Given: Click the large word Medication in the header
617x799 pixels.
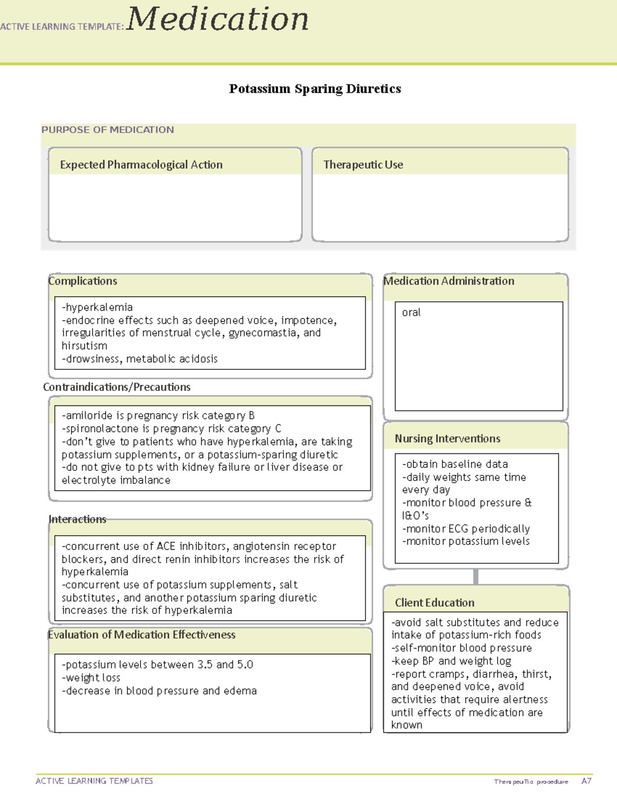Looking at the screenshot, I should (217, 20).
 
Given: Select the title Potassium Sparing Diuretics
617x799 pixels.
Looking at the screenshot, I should (315, 89).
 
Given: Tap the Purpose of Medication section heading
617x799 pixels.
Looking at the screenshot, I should (107, 130).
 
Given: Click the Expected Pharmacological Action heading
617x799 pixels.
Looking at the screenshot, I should (141, 165).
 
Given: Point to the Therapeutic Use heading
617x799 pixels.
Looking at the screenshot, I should (363, 165).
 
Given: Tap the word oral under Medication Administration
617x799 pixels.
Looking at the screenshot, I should (411, 312).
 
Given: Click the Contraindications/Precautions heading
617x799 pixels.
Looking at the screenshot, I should (117, 387).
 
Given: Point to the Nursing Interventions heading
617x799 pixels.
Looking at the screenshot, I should (447, 438).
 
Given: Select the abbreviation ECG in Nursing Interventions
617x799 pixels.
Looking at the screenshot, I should (458, 529).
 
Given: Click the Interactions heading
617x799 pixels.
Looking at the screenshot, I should (77, 519).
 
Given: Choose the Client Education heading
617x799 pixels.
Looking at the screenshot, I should (434, 602).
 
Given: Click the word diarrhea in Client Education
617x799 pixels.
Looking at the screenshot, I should (494, 674).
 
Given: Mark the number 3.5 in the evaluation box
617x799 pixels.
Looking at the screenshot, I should (205, 665).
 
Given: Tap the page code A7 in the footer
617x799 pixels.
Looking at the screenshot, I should (586, 781).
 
